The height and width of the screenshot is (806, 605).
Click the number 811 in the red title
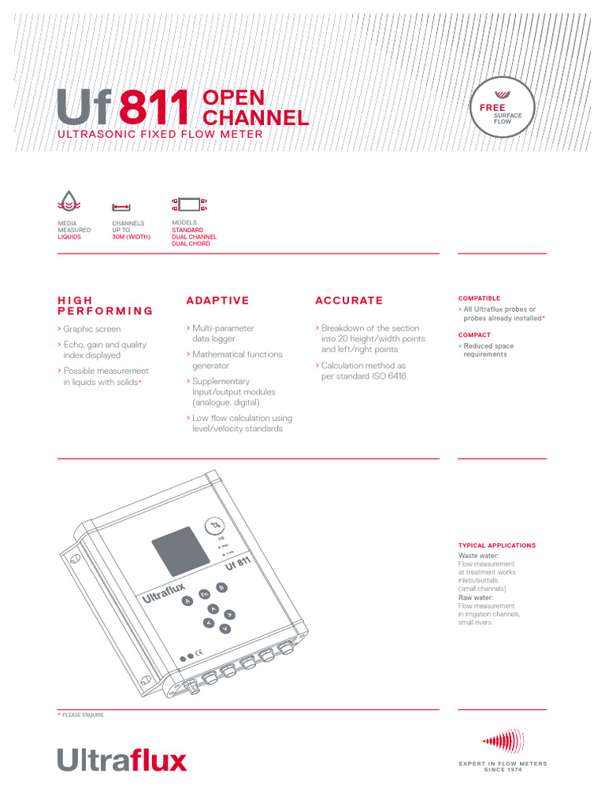(155, 109)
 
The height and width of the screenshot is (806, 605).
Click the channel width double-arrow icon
(121, 207)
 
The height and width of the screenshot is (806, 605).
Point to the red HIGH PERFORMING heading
(106, 305)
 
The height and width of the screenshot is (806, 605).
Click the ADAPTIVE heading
(217, 301)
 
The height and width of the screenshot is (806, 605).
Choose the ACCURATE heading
(349, 301)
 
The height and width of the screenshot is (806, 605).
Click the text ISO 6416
(384, 376)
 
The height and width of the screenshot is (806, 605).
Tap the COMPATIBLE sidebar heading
(479, 298)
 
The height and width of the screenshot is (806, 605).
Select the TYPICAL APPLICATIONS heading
(496, 545)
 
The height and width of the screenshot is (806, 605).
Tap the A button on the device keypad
(187, 601)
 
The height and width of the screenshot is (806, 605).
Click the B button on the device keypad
(221, 587)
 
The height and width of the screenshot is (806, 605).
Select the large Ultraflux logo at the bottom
(122, 760)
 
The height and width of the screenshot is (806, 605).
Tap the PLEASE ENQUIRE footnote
(82, 715)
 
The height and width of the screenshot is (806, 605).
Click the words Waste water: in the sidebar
(478, 555)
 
